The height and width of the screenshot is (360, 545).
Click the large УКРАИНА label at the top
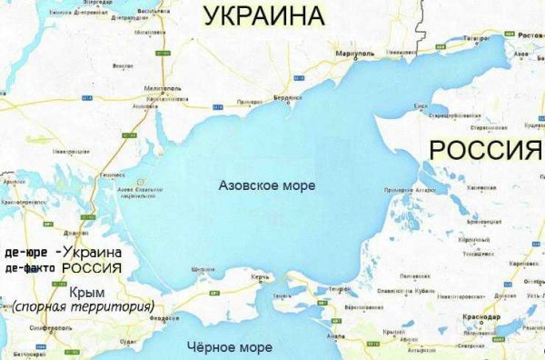coord(263,15)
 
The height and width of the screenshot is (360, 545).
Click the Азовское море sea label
coord(267,185)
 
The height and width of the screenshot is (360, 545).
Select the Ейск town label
coord(421,106)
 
